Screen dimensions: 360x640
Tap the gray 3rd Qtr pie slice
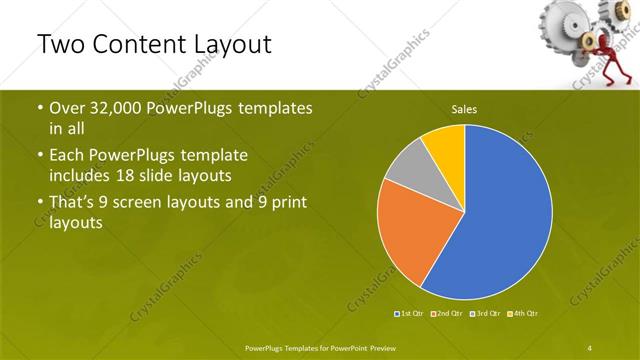[x=404, y=169]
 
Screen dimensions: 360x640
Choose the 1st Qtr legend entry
[x=409, y=314]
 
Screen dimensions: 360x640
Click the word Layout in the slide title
[x=224, y=46]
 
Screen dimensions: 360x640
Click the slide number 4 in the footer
[x=590, y=347]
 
